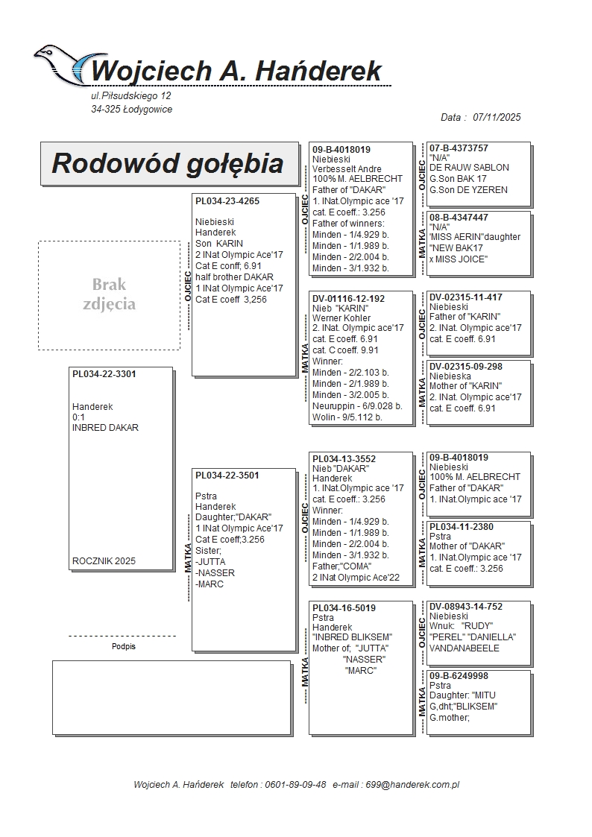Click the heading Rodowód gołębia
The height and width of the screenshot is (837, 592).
[x=168, y=164]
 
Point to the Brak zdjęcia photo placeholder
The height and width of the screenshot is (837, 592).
[x=109, y=294]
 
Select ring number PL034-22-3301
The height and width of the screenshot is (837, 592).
[x=104, y=374]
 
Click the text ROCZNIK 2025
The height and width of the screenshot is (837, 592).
[x=104, y=561]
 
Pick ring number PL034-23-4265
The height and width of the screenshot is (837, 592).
[x=227, y=200]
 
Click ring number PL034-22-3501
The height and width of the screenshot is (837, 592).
[x=227, y=475]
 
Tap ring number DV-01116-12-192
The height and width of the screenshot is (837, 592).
[x=348, y=299]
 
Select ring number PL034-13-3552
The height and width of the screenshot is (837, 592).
[x=344, y=459]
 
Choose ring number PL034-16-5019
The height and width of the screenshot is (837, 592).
[x=344, y=608]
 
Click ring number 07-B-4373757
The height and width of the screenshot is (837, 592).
[x=459, y=148]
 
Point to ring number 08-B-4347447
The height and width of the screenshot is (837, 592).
[x=459, y=217]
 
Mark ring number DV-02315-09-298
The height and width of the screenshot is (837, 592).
[x=465, y=366]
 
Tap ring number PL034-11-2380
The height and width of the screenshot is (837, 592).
[x=461, y=526]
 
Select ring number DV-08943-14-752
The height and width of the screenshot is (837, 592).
[x=465, y=607]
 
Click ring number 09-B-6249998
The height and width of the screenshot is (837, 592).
[x=459, y=675]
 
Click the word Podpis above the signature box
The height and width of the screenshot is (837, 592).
[x=123, y=646]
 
